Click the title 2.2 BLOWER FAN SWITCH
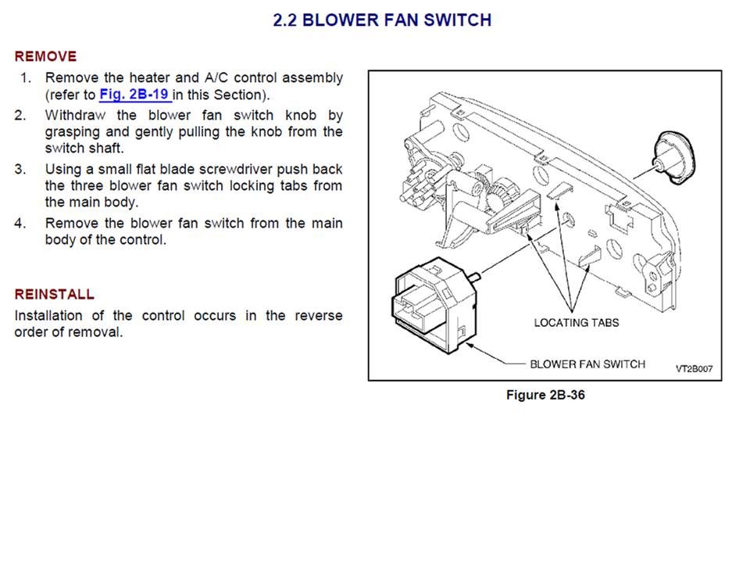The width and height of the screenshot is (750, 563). point(382,20)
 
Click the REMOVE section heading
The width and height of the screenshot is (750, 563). point(45,56)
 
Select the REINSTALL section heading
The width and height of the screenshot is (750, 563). point(55,295)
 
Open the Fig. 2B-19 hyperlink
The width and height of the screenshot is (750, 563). point(134,95)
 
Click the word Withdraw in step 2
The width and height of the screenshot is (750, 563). point(76,115)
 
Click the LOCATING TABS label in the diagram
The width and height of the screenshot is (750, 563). point(577,322)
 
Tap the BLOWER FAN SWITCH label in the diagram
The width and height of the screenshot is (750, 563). point(587,364)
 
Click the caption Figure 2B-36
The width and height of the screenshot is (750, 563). point(545,395)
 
